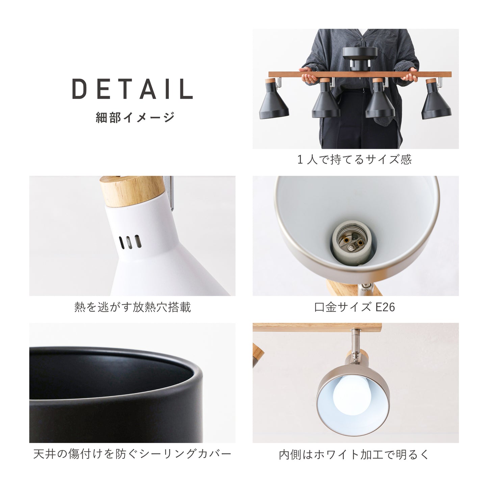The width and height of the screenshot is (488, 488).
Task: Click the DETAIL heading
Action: click(132, 88)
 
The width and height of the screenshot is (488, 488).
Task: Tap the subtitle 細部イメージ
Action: click(135, 117)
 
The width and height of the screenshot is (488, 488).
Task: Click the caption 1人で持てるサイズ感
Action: click(355, 159)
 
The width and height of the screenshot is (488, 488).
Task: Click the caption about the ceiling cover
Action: click(132, 454)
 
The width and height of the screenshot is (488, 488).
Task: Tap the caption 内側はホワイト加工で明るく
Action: click(354, 455)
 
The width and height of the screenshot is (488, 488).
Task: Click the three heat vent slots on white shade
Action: click(130, 242)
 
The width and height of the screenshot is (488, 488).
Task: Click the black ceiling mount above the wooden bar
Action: click(360, 59)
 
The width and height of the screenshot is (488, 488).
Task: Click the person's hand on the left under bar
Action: click(308, 75)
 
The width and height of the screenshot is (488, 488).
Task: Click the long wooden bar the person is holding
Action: click(360, 74)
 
